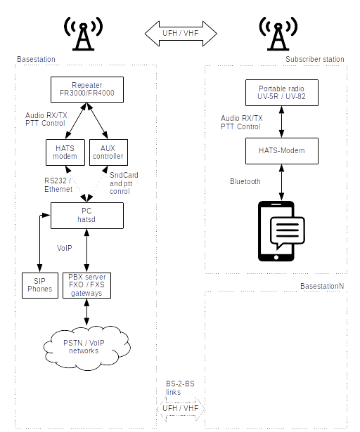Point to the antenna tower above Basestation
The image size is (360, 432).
pos(83,34)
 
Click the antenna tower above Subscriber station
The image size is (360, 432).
pos(278,34)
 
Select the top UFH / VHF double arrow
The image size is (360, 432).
pos(181,33)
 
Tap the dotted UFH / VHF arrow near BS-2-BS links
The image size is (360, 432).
pos(181,409)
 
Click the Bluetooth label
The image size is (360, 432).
pos(245,181)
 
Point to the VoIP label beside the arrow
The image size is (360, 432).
pos(65,248)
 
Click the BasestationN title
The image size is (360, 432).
pos(322,286)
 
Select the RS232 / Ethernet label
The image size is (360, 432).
pos(58,185)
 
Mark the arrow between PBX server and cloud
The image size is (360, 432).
pos(86,312)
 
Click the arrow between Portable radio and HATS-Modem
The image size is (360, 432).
pos(281,122)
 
